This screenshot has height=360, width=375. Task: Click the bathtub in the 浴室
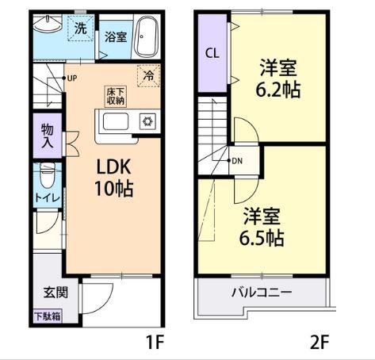click(x=146, y=36)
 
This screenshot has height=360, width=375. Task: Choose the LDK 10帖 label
click(x=113, y=178)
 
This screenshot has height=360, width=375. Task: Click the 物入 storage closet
click(x=48, y=136)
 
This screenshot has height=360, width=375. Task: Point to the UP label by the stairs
click(x=71, y=78)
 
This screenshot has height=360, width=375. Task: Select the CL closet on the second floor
click(x=212, y=54)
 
